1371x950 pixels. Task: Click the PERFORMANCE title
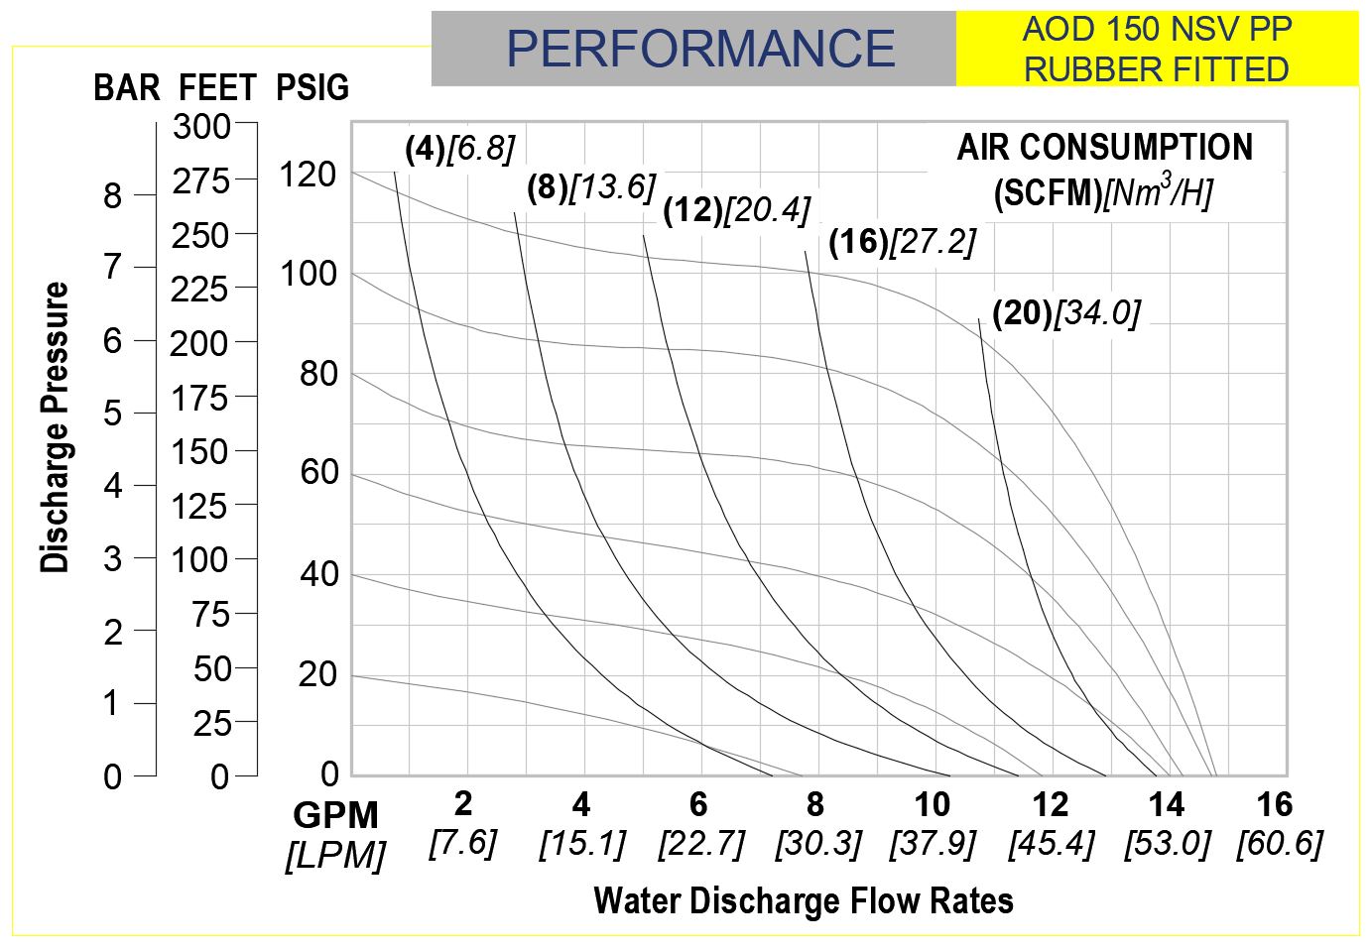[700, 49]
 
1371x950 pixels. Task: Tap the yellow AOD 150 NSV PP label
[1157, 49]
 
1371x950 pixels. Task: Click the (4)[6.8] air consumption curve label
[460, 149]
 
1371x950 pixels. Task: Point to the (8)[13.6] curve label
[591, 187]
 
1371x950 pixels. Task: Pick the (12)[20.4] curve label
[736, 210]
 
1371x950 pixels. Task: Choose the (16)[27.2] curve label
[902, 242]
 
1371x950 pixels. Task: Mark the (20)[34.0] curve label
[1066, 313]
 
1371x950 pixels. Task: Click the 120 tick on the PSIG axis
[308, 175]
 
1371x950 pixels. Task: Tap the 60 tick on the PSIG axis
[319, 473]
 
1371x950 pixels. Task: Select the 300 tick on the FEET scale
[201, 127]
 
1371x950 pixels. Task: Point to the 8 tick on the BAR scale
[113, 196]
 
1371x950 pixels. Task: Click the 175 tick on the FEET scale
[199, 399]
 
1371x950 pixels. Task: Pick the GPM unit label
[335, 816]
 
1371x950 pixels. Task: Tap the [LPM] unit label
[335, 855]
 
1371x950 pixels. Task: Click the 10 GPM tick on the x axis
[932, 804]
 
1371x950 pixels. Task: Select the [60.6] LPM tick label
[1280, 844]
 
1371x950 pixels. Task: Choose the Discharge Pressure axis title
[56, 427]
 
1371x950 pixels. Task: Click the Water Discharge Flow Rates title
[804, 900]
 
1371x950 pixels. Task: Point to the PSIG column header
[312, 88]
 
